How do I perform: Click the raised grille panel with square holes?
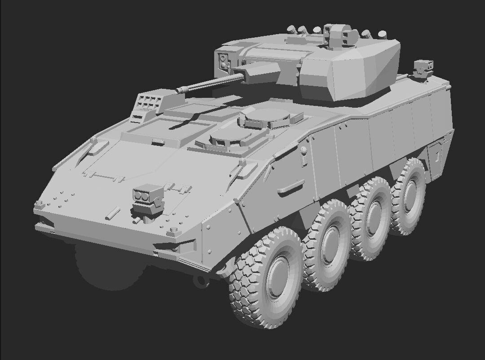[148, 103]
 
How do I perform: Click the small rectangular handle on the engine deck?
[158, 142]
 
